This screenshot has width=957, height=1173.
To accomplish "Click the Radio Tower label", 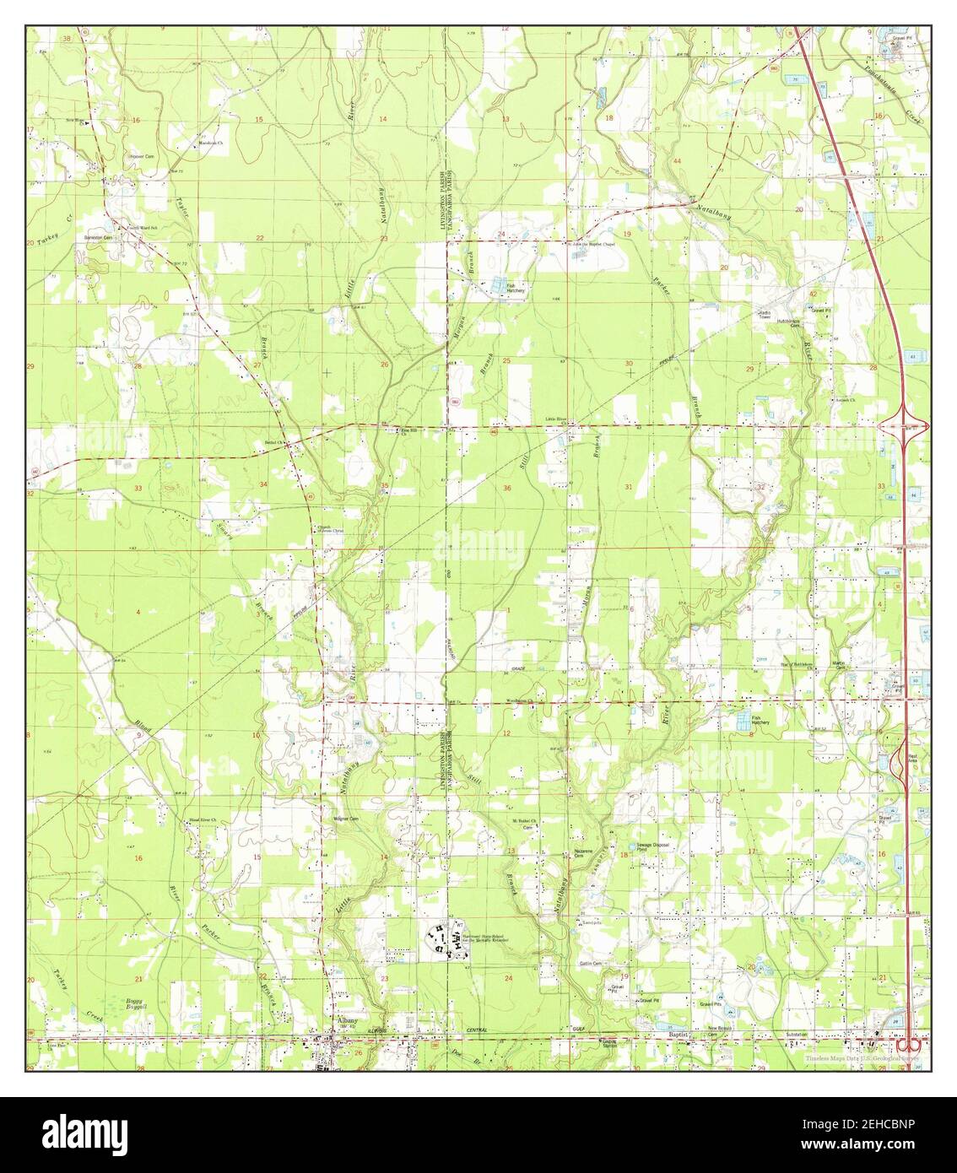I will tap(765, 314).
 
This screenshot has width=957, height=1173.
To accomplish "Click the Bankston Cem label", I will tap(118, 237).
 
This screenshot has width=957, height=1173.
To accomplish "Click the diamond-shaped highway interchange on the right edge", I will tap(903, 426).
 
